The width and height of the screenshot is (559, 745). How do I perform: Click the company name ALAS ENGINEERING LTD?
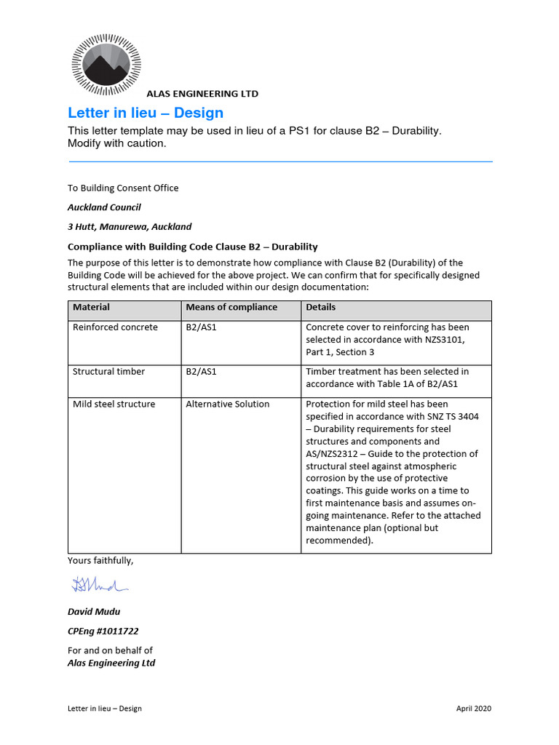(x=202, y=94)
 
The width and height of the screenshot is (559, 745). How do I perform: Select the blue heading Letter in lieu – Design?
(x=146, y=113)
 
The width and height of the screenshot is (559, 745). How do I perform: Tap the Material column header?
(x=92, y=308)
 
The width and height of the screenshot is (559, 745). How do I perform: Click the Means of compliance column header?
(x=231, y=308)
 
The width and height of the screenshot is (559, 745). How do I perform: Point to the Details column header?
(x=321, y=308)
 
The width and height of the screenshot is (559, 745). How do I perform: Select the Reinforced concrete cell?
(x=115, y=327)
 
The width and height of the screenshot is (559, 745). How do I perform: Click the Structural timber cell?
(x=108, y=372)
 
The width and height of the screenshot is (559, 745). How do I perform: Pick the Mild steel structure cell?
(x=114, y=405)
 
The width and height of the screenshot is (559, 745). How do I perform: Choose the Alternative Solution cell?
(x=227, y=405)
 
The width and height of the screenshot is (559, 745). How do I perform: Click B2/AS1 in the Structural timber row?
(x=201, y=372)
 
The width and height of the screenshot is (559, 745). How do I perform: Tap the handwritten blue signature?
(x=99, y=583)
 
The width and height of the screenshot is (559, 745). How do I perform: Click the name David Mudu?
(x=94, y=612)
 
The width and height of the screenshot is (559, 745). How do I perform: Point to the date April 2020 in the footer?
(x=474, y=709)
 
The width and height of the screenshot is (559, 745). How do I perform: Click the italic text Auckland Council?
(x=104, y=207)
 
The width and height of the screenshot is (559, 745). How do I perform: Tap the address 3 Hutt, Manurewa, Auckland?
(x=130, y=227)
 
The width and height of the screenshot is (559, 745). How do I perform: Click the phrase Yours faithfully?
(x=100, y=560)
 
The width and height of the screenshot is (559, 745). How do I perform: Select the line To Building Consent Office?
(x=123, y=188)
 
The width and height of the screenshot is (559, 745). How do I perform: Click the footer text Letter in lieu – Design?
(x=105, y=709)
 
